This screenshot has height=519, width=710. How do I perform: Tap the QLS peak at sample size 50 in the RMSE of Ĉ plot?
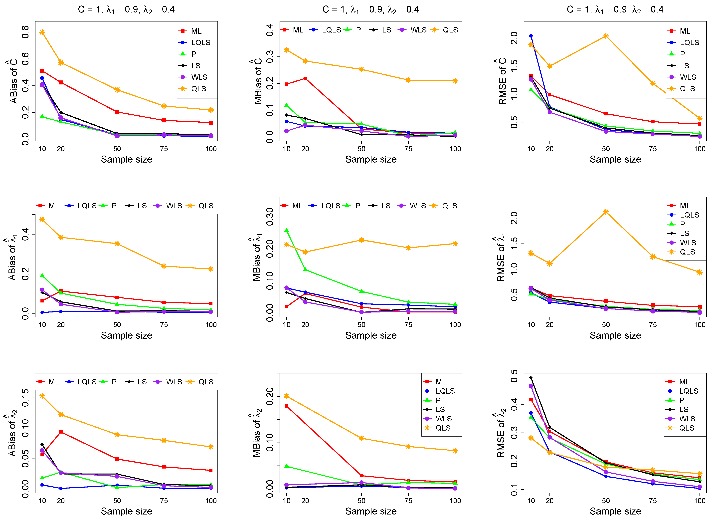[x=606, y=36]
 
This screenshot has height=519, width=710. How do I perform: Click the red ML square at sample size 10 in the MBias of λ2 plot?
[x=286, y=406]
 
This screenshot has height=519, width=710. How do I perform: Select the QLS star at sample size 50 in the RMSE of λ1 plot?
[x=606, y=212]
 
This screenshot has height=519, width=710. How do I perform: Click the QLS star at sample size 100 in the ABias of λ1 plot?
[x=211, y=269]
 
